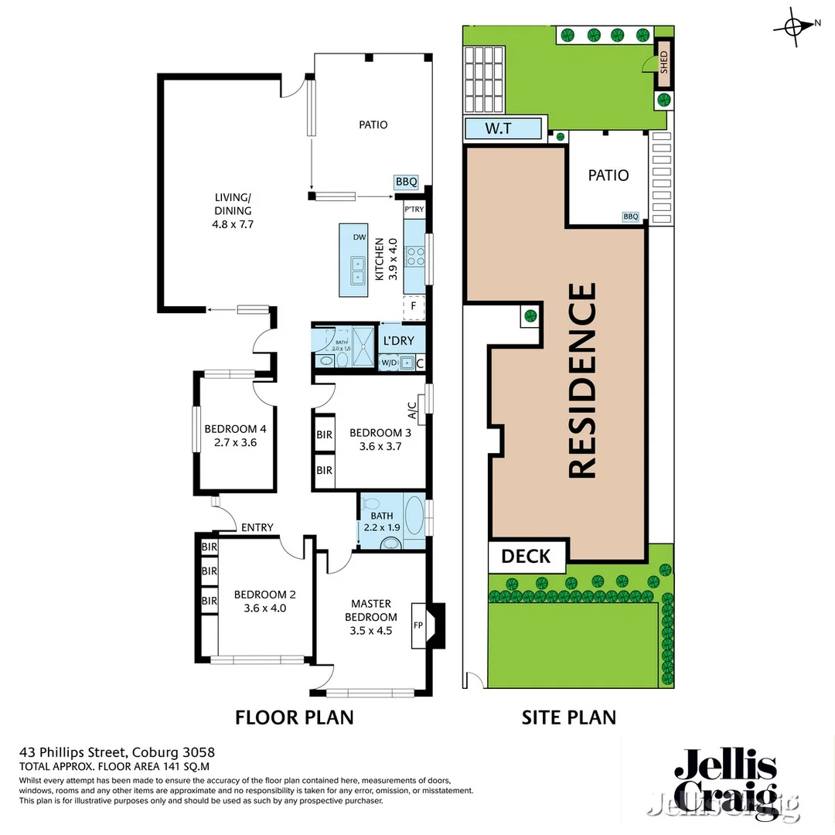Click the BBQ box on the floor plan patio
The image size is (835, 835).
pyautogui.click(x=406, y=182)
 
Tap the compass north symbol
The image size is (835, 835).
pyautogui.click(x=795, y=26)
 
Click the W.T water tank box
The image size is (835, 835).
pyautogui.click(x=503, y=129)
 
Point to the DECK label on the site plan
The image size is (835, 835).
pyautogui.click(x=526, y=556)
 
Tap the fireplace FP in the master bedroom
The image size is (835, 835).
pyautogui.click(x=418, y=625)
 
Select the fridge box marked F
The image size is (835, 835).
pyautogui.click(x=414, y=307)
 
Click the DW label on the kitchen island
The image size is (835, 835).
pyautogui.click(x=359, y=238)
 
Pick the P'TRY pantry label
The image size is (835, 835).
pyautogui.click(x=413, y=210)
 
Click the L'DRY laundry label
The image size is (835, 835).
pyautogui.click(x=399, y=340)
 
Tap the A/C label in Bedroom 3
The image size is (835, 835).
pyautogui.click(x=413, y=411)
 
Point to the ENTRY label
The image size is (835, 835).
pyautogui.click(x=257, y=527)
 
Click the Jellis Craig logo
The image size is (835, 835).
pyautogui.click(x=725, y=782)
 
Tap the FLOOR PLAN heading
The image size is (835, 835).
pyautogui.click(x=294, y=717)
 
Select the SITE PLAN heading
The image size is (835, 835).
pyautogui.click(x=569, y=717)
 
